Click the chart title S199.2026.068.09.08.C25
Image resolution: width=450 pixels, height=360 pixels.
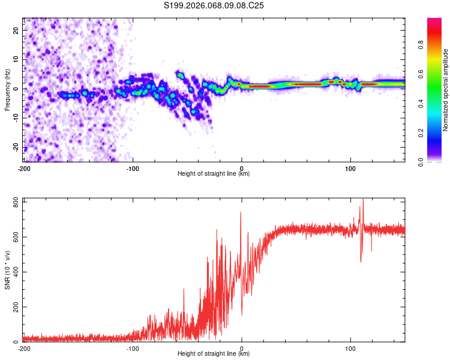click(214, 5)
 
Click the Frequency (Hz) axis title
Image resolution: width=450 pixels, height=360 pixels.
click(7, 89)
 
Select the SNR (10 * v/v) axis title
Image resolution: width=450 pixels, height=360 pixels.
click(7, 270)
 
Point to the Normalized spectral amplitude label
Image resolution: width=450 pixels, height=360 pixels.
click(446, 90)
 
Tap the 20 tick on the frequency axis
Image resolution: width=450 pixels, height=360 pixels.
click(16, 30)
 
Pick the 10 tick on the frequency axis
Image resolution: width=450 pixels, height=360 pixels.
click(16, 59)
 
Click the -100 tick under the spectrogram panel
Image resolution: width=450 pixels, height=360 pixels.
click(133, 167)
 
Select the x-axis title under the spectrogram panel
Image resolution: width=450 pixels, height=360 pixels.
click(214, 174)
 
